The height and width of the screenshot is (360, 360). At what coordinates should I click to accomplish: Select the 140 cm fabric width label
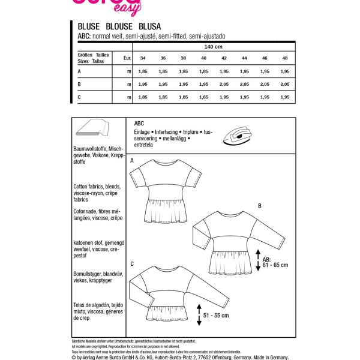coord(213,47)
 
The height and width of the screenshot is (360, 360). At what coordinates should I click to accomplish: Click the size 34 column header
coord(143,58)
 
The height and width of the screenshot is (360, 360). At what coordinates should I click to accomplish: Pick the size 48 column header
coord(284,58)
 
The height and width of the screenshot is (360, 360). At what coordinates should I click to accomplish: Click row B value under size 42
coord(224,85)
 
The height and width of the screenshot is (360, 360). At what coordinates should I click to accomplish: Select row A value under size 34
coord(143,71)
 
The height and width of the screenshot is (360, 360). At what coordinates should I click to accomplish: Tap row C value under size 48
coord(284,97)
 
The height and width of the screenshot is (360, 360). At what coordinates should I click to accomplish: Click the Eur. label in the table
coord(127,58)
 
